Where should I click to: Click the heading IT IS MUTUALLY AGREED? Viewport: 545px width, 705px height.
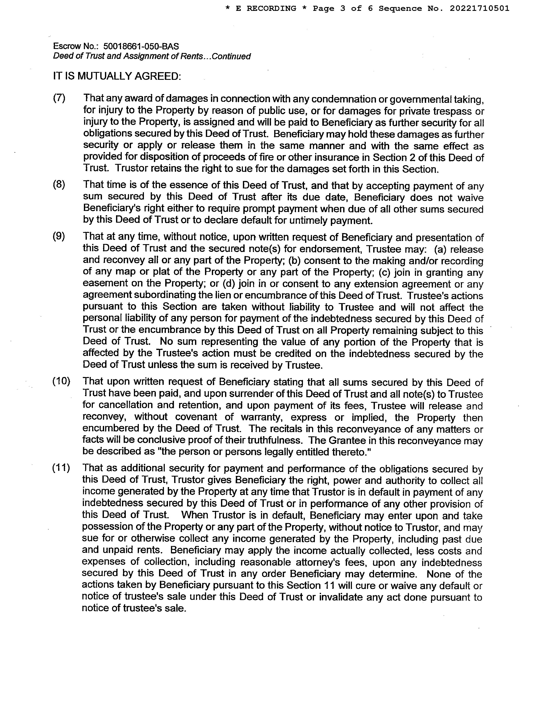[x=117, y=76]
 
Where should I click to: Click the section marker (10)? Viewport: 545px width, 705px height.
[x=61, y=381]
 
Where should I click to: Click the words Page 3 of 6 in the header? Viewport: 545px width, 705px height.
[x=343, y=8]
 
